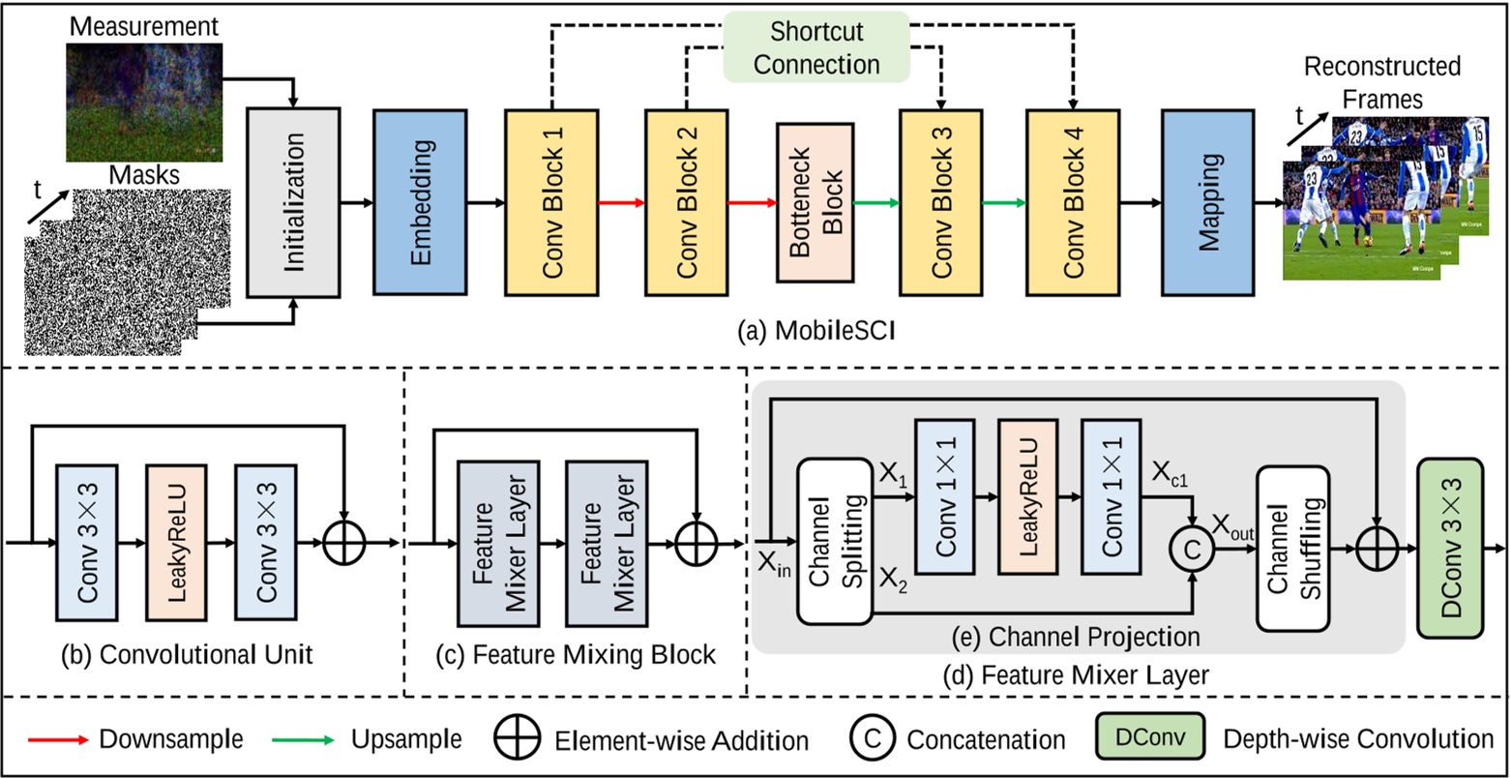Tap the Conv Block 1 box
[551, 203]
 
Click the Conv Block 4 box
[1074, 203]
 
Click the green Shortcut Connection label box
[816, 46]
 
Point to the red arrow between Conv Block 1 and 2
[621, 203]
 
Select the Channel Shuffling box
[1293, 549]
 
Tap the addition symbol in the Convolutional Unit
[344, 543]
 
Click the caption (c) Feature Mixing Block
[576, 655]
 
